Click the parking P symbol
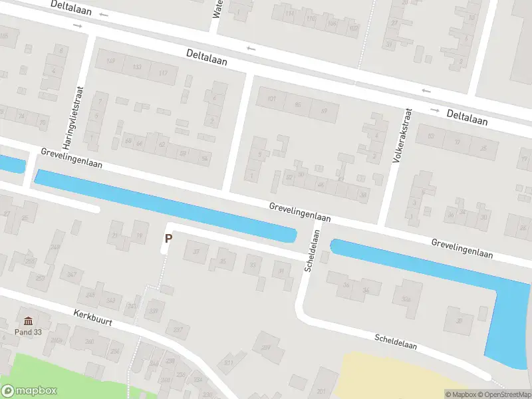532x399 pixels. tap(168, 237)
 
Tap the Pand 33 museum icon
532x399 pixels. tap(27, 321)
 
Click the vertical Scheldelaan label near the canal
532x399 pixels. tap(312, 251)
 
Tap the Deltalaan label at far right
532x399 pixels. tap(467, 118)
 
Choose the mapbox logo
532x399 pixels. tap(29, 391)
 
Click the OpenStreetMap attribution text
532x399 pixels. tap(508, 394)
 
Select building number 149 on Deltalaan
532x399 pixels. tap(110, 63)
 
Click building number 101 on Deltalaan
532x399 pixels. tap(271, 100)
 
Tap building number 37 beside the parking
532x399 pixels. tap(196, 252)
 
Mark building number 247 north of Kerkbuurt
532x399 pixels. tap(72, 274)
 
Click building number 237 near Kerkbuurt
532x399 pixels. tap(178, 329)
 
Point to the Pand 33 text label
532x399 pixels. tap(27, 331)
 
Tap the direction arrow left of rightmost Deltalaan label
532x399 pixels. tap(436, 110)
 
